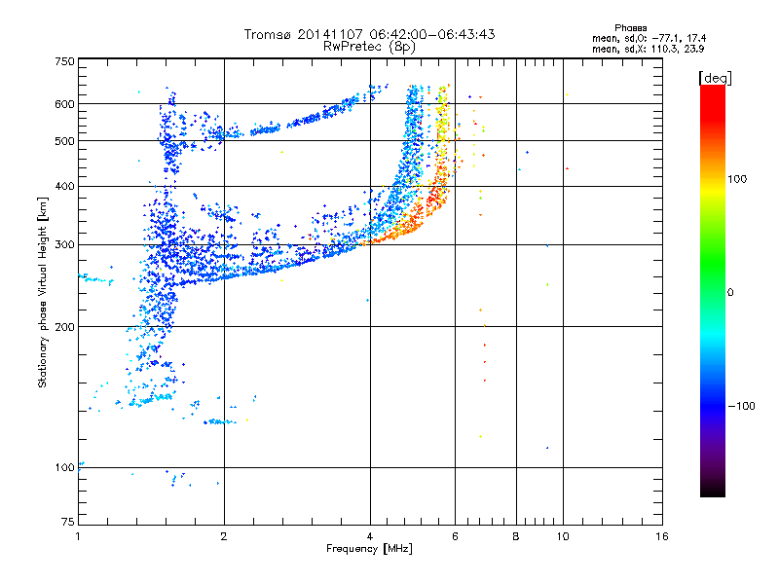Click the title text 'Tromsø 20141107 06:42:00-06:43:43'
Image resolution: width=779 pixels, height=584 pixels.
[x=370, y=34]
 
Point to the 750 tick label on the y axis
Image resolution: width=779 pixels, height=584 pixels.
[x=65, y=61]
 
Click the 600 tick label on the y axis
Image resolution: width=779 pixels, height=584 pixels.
[x=65, y=104]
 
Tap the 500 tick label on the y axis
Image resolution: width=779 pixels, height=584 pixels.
[x=65, y=141]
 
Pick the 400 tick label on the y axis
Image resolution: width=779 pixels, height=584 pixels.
[x=65, y=186]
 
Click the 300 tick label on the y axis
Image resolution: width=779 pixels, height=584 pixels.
[x=65, y=244]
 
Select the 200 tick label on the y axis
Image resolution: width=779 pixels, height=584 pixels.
[x=65, y=327]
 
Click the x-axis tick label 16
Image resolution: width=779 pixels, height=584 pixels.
[x=661, y=535]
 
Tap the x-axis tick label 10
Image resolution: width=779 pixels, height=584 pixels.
[x=563, y=535]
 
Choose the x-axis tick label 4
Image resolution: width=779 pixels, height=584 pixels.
[x=370, y=535]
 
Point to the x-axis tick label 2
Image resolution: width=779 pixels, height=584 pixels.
[x=224, y=535]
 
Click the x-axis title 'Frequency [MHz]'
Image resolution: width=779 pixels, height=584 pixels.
[x=370, y=550]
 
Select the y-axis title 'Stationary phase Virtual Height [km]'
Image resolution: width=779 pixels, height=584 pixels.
[x=43, y=292]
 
